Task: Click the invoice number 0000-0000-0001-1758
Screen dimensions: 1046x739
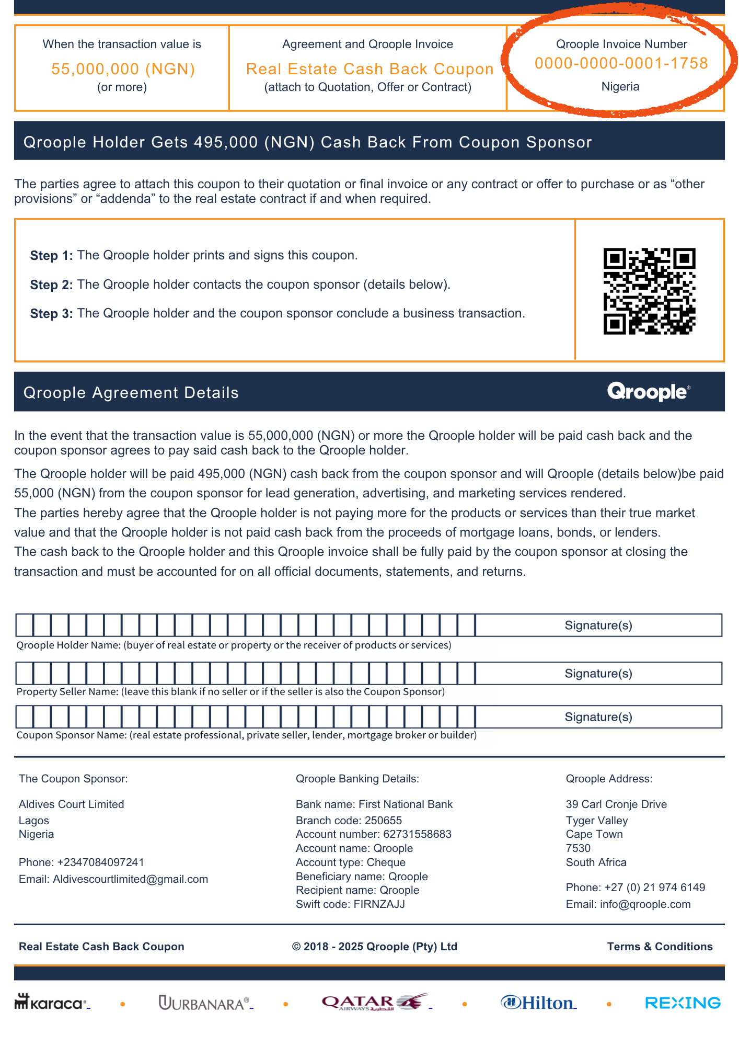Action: point(621,63)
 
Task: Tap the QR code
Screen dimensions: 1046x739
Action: point(649,291)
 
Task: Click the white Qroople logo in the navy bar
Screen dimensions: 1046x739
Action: point(649,392)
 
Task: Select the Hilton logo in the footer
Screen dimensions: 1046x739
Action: point(538,1003)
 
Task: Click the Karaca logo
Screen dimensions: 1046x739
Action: point(50,1003)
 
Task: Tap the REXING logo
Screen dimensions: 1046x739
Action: point(683,1003)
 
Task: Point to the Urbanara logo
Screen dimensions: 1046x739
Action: point(204,1003)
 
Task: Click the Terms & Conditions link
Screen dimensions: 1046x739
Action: point(660,947)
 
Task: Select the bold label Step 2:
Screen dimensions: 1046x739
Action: point(51,285)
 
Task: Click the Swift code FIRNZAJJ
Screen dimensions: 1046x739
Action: point(379,904)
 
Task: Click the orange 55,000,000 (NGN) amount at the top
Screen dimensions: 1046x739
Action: point(123,69)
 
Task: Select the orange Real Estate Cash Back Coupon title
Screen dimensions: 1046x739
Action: point(369,69)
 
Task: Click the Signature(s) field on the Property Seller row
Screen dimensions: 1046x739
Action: point(598,674)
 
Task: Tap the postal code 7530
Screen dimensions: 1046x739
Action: point(578,848)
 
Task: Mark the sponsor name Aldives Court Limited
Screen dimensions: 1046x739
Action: point(72,804)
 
